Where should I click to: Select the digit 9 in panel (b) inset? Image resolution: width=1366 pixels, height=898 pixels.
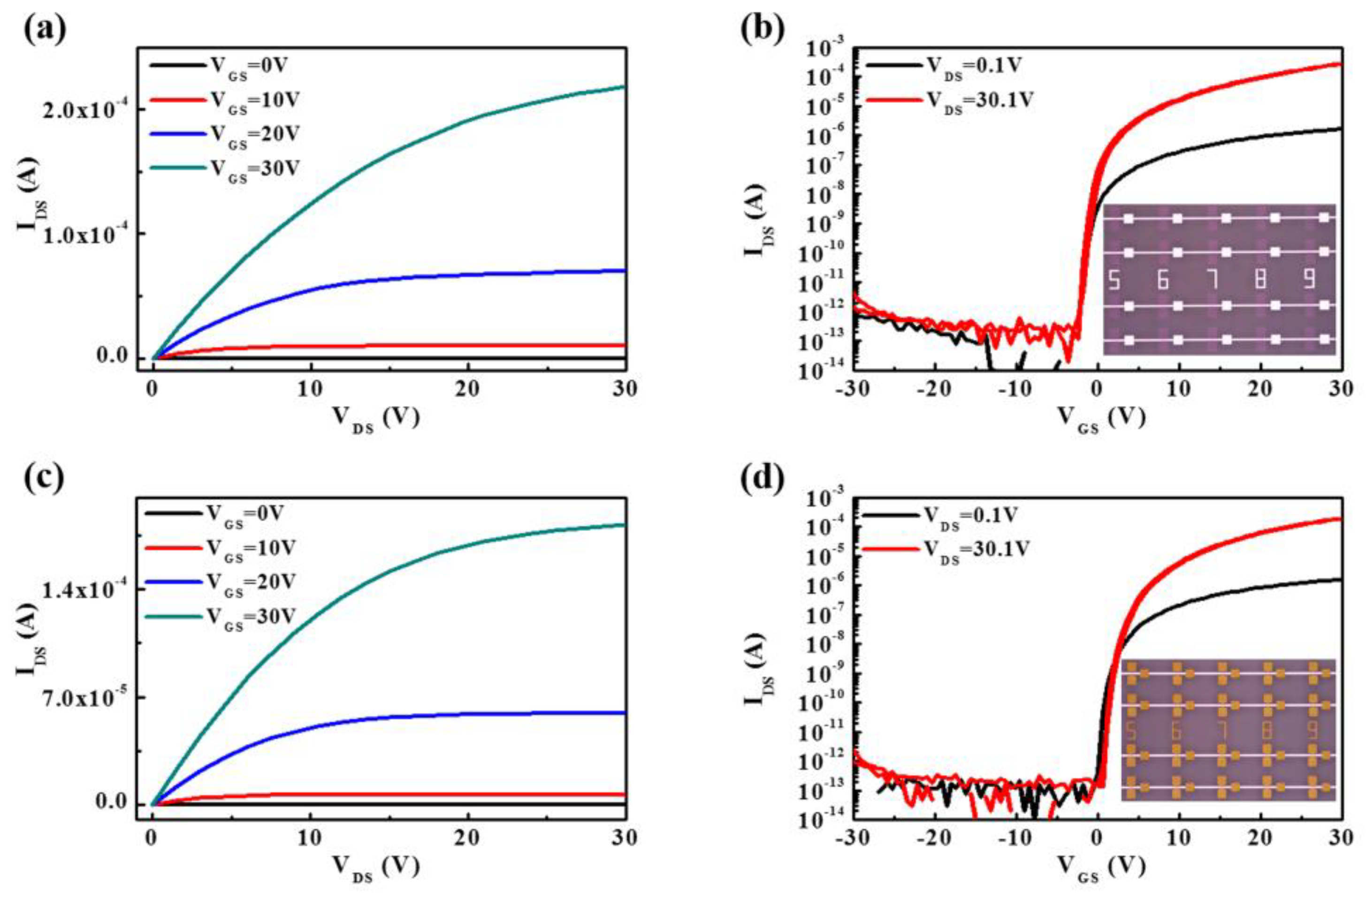click(x=1309, y=280)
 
